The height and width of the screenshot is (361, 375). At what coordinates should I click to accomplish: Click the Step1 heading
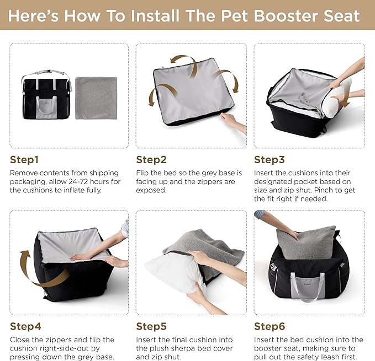click(24, 160)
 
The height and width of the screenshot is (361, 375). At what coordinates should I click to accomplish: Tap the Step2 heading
click(151, 160)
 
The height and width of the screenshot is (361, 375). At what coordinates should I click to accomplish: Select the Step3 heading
click(269, 160)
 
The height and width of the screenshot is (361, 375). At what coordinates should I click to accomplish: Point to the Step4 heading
click(25, 326)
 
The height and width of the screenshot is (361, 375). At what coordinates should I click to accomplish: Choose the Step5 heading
click(151, 326)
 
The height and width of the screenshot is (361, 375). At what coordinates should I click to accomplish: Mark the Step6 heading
click(269, 326)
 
